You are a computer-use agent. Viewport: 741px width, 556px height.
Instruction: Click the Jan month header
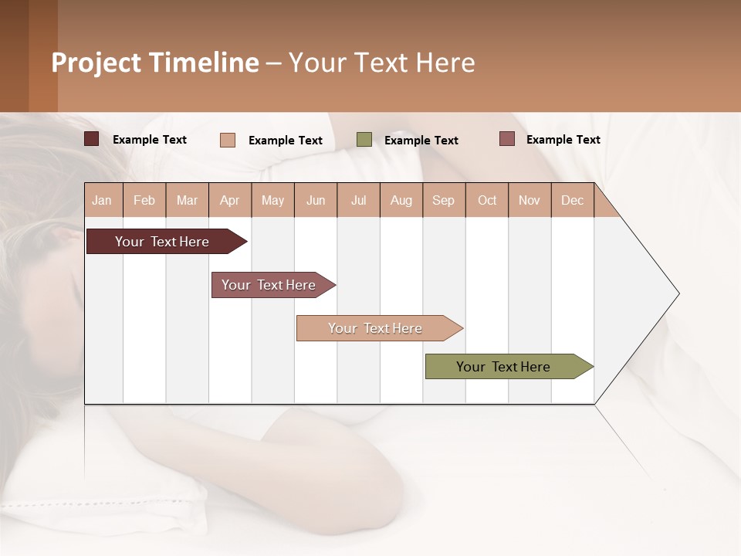103,200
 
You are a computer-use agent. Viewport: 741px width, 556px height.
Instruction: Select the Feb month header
144,200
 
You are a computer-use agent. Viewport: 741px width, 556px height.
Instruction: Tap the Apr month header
230,200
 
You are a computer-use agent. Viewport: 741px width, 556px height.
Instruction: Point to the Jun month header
316,200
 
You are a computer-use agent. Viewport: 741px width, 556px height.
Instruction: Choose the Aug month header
401,200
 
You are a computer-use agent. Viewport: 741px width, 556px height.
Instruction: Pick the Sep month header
444,200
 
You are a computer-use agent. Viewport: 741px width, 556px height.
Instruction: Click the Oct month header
487,200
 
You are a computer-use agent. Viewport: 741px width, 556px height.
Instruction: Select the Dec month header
573,200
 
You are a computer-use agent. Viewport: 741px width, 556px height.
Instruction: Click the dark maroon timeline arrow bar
163,242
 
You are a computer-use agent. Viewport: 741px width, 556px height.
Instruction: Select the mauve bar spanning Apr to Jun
269,285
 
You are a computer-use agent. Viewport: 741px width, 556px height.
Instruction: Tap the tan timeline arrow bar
376,328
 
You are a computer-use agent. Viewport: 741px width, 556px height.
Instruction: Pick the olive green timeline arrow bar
505,367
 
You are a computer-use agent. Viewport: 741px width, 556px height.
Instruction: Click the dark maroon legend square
92,139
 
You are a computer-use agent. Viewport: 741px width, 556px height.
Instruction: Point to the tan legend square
228,140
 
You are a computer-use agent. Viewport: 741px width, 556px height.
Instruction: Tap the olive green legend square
364,140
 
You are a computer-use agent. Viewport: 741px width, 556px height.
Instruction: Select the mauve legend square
507,139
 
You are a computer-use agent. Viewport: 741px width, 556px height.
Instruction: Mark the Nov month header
530,200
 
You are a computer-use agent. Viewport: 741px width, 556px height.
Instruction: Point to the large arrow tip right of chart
656,293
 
